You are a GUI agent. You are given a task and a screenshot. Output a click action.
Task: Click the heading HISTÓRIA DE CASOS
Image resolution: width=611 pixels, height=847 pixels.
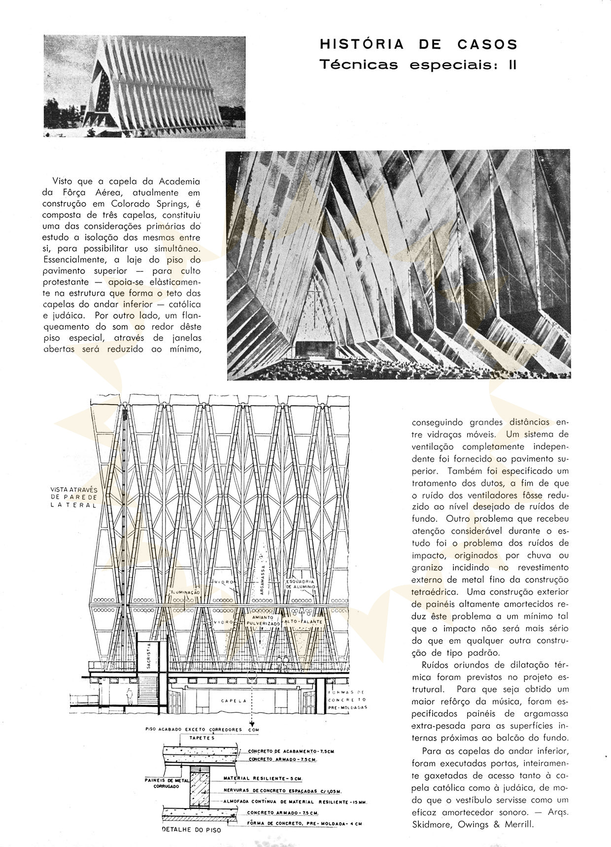click(418, 44)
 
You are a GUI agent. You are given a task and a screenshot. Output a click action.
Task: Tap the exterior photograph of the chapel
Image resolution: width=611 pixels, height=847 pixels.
click(144, 87)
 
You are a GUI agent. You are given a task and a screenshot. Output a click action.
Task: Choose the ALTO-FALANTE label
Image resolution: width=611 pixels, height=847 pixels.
click(304, 622)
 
